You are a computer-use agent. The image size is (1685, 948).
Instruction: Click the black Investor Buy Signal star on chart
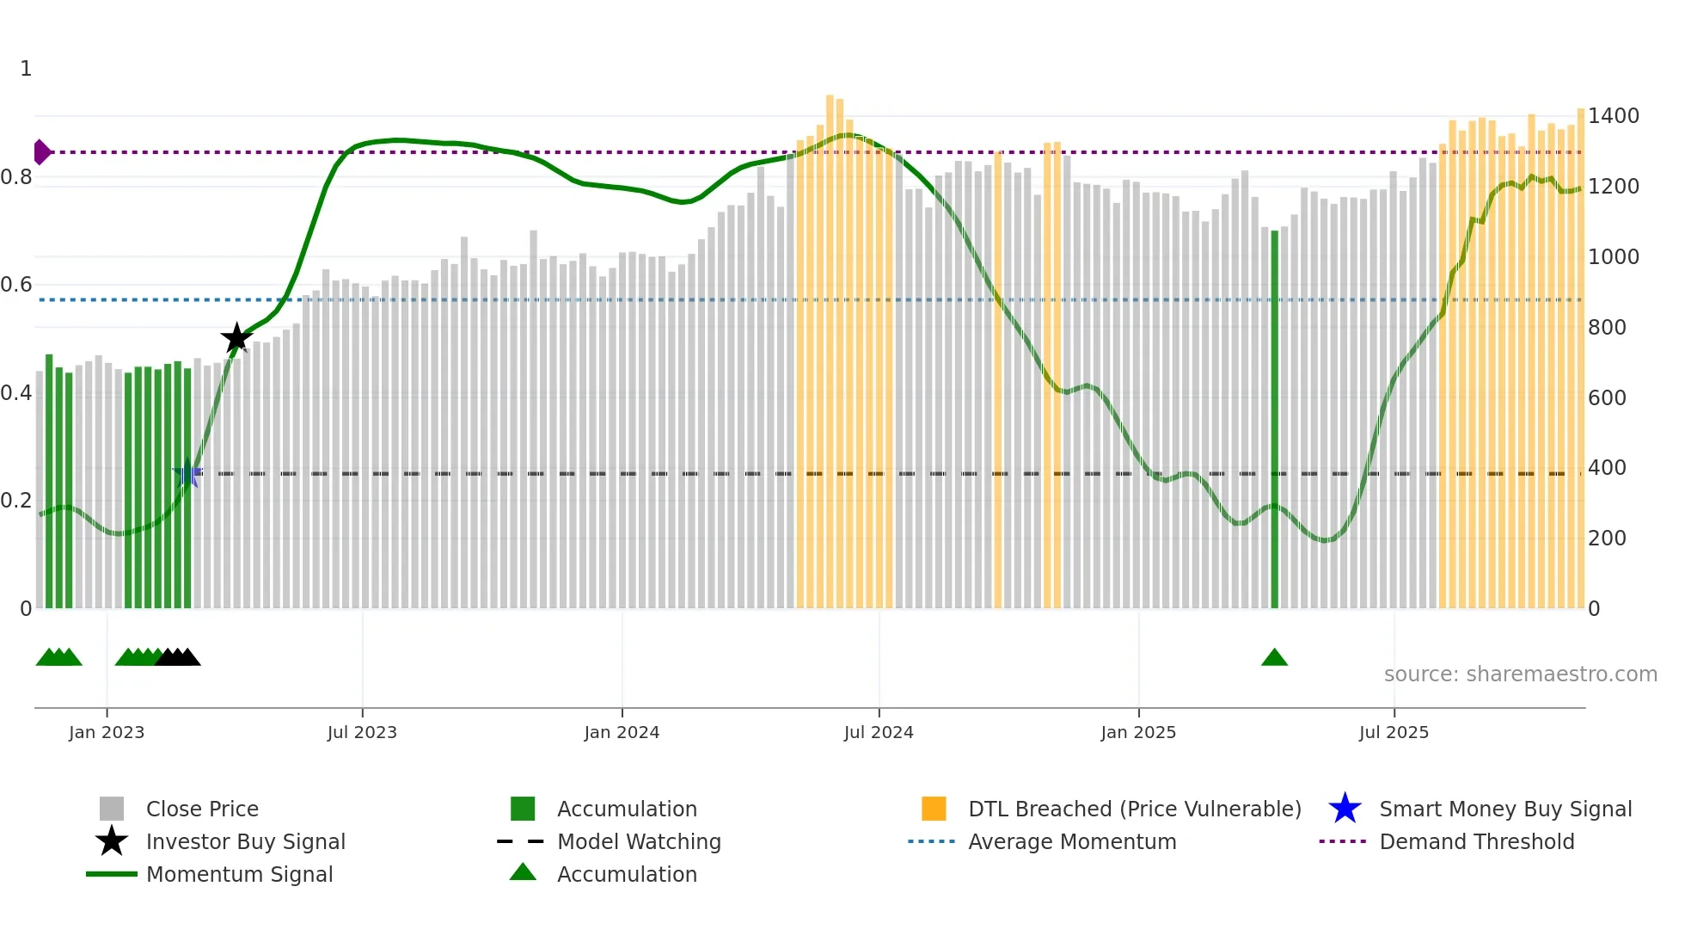[x=236, y=338]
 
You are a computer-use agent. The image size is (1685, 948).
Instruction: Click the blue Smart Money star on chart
[x=187, y=473]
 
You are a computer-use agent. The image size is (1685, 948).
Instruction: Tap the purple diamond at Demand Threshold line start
[x=41, y=152]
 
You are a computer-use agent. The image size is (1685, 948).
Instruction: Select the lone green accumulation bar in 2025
[x=1274, y=422]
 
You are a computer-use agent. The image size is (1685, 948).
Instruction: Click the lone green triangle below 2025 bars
[x=1274, y=658]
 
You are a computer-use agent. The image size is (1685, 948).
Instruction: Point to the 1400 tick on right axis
[x=1614, y=116]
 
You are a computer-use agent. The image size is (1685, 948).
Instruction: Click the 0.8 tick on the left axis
[x=16, y=177]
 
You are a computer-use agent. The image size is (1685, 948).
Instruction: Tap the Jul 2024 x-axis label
[x=879, y=733]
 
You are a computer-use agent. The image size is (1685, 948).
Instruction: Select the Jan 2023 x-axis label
[x=107, y=733]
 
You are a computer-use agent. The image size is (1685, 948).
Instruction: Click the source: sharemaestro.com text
[x=1520, y=674]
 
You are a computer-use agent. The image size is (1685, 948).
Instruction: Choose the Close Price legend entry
[x=202, y=809]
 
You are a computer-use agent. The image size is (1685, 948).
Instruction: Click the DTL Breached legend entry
[x=1134, y=809]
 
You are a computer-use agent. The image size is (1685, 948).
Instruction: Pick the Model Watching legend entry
[x=639, y=842]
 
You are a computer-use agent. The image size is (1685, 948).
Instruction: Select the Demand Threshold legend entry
[x=1476, y=842]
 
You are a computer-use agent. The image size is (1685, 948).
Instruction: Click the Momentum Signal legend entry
[x=239, y=875]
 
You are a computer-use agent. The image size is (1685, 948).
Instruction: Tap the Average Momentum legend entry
[x=1072, y=842]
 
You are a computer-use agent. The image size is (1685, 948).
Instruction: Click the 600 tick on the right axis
[x=1607, y=398]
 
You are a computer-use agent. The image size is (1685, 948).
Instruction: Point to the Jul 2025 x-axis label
[x=1394, y=733]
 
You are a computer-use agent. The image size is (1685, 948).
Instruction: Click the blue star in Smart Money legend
[x=1345, y=809]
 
